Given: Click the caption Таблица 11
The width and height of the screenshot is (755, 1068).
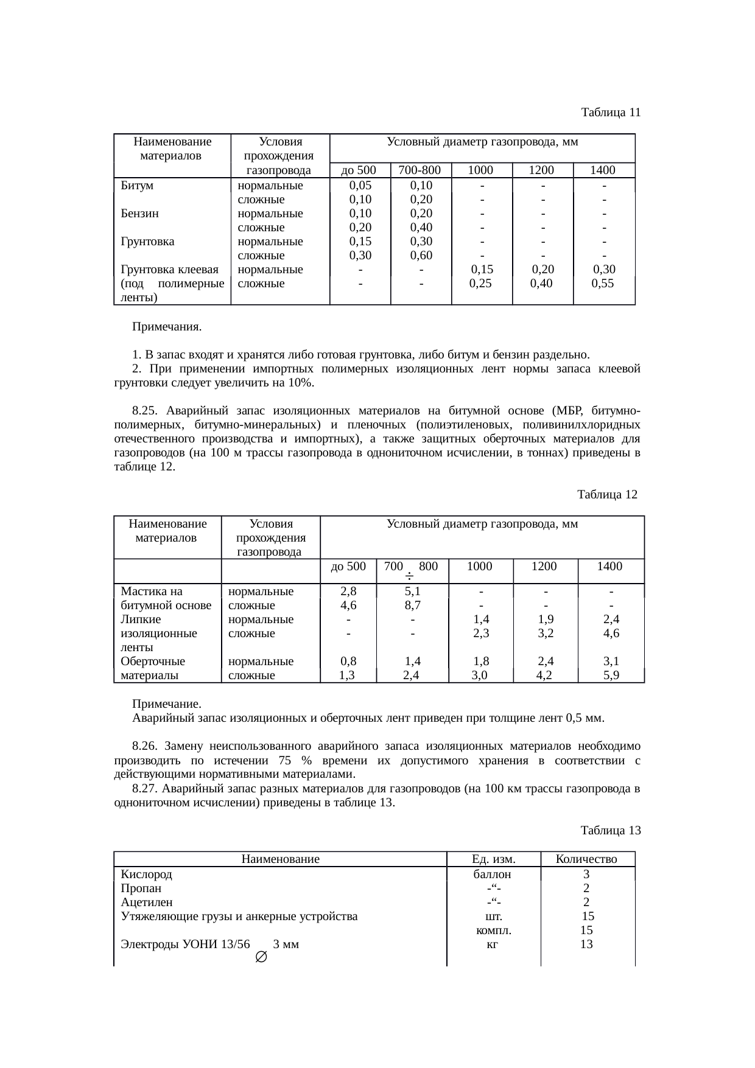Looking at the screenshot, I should (x=610, y=113).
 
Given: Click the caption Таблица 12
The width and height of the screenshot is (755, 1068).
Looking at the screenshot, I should (x=607, y=495).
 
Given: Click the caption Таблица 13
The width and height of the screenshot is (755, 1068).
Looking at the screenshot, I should (x=610, y=831).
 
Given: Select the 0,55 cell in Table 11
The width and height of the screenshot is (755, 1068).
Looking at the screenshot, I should (x=603, y=284).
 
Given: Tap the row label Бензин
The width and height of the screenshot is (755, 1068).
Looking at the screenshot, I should (x=140, y=214).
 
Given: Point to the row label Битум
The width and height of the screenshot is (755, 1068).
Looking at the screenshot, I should (x=137, y=186).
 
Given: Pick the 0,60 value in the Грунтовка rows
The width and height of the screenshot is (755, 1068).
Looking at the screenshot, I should (x=421, y=256).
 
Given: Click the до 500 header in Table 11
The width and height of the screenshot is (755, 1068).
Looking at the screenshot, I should (x=359, y=170).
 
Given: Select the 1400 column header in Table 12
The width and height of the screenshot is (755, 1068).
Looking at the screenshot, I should (x=609, y=567).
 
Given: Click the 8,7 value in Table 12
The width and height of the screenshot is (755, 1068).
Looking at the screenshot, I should (x=412, y=606).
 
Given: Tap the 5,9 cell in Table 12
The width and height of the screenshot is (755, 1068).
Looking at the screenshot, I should (x=610, y=675).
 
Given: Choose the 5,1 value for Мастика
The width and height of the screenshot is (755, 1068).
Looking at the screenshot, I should (x=412, y=592).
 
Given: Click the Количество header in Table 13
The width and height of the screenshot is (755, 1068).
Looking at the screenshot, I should (x=587, y=860).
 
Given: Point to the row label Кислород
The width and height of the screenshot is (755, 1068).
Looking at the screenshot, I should (x=147, y=874).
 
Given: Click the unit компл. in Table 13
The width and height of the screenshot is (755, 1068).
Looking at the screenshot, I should (x=493, y=930).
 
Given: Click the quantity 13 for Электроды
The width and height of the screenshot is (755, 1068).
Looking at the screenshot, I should (x=586, y=944).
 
